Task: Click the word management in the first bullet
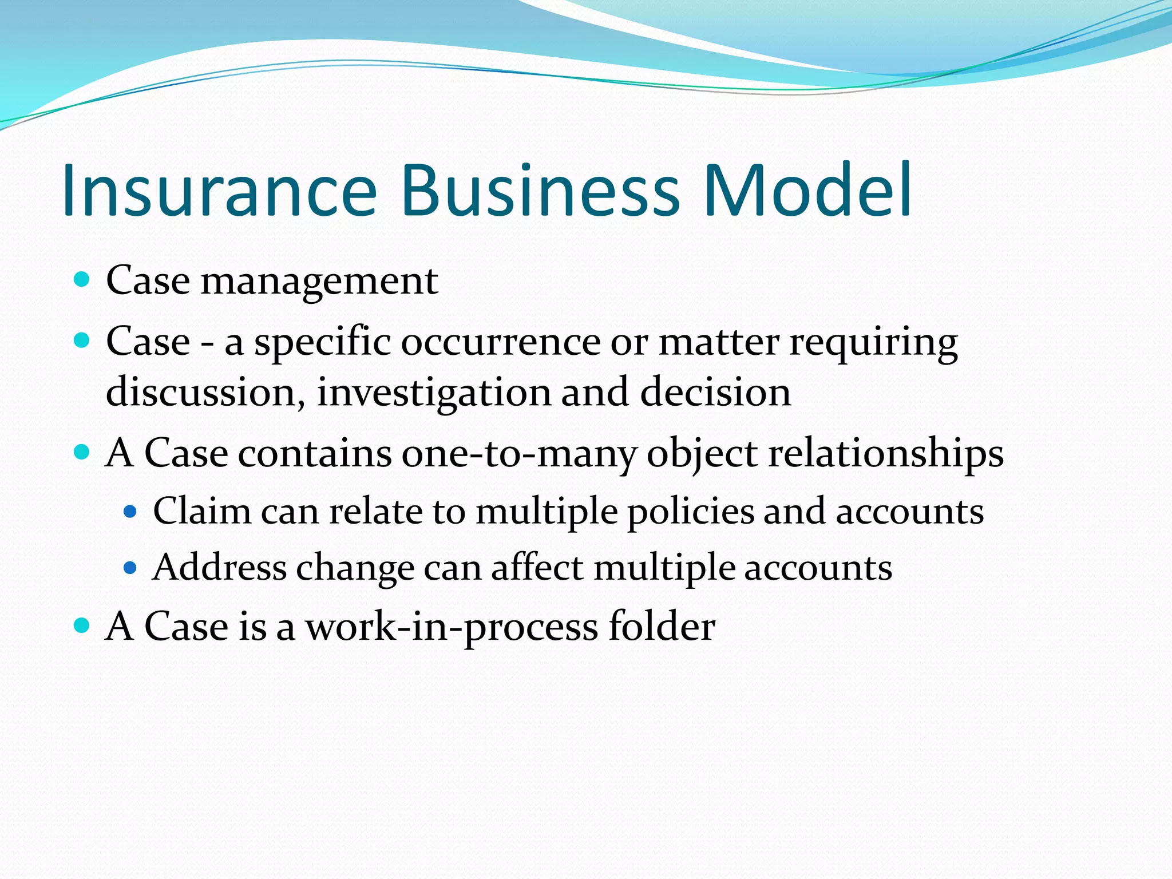click(319, 282)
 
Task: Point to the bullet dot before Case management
click(82, 280)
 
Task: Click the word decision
click(715, 393)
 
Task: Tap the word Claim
click(202, 510)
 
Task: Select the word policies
click(691, 512)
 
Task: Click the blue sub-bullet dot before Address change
click(130, 568)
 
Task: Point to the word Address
click(220, 568)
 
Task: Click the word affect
click(537, 568)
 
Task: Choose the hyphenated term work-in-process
click(452, 627)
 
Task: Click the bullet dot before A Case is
click(82, 625)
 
